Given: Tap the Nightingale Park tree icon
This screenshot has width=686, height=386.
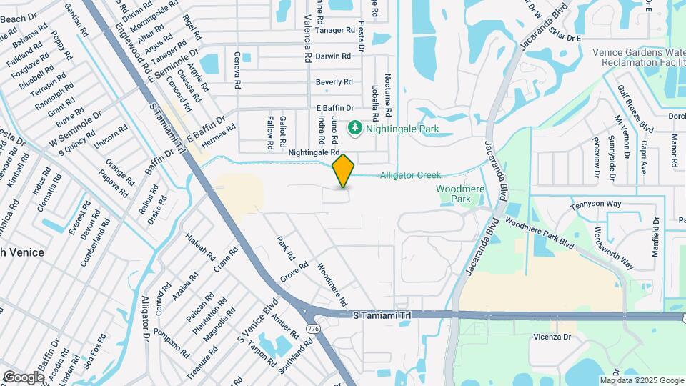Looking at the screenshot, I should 354,129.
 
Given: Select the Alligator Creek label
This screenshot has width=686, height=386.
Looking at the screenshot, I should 410,175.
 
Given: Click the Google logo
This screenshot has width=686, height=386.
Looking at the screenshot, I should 24,377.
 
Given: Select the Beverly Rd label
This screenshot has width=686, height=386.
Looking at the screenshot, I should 334,82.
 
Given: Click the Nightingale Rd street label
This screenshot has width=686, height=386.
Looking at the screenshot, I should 314,153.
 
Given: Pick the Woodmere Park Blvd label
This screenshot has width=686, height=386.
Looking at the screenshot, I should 540,232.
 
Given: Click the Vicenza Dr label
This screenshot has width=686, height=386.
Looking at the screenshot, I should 552,337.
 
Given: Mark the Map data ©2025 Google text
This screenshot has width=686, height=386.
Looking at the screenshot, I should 640,380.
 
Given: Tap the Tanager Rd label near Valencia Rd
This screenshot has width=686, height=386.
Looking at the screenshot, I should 336,30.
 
